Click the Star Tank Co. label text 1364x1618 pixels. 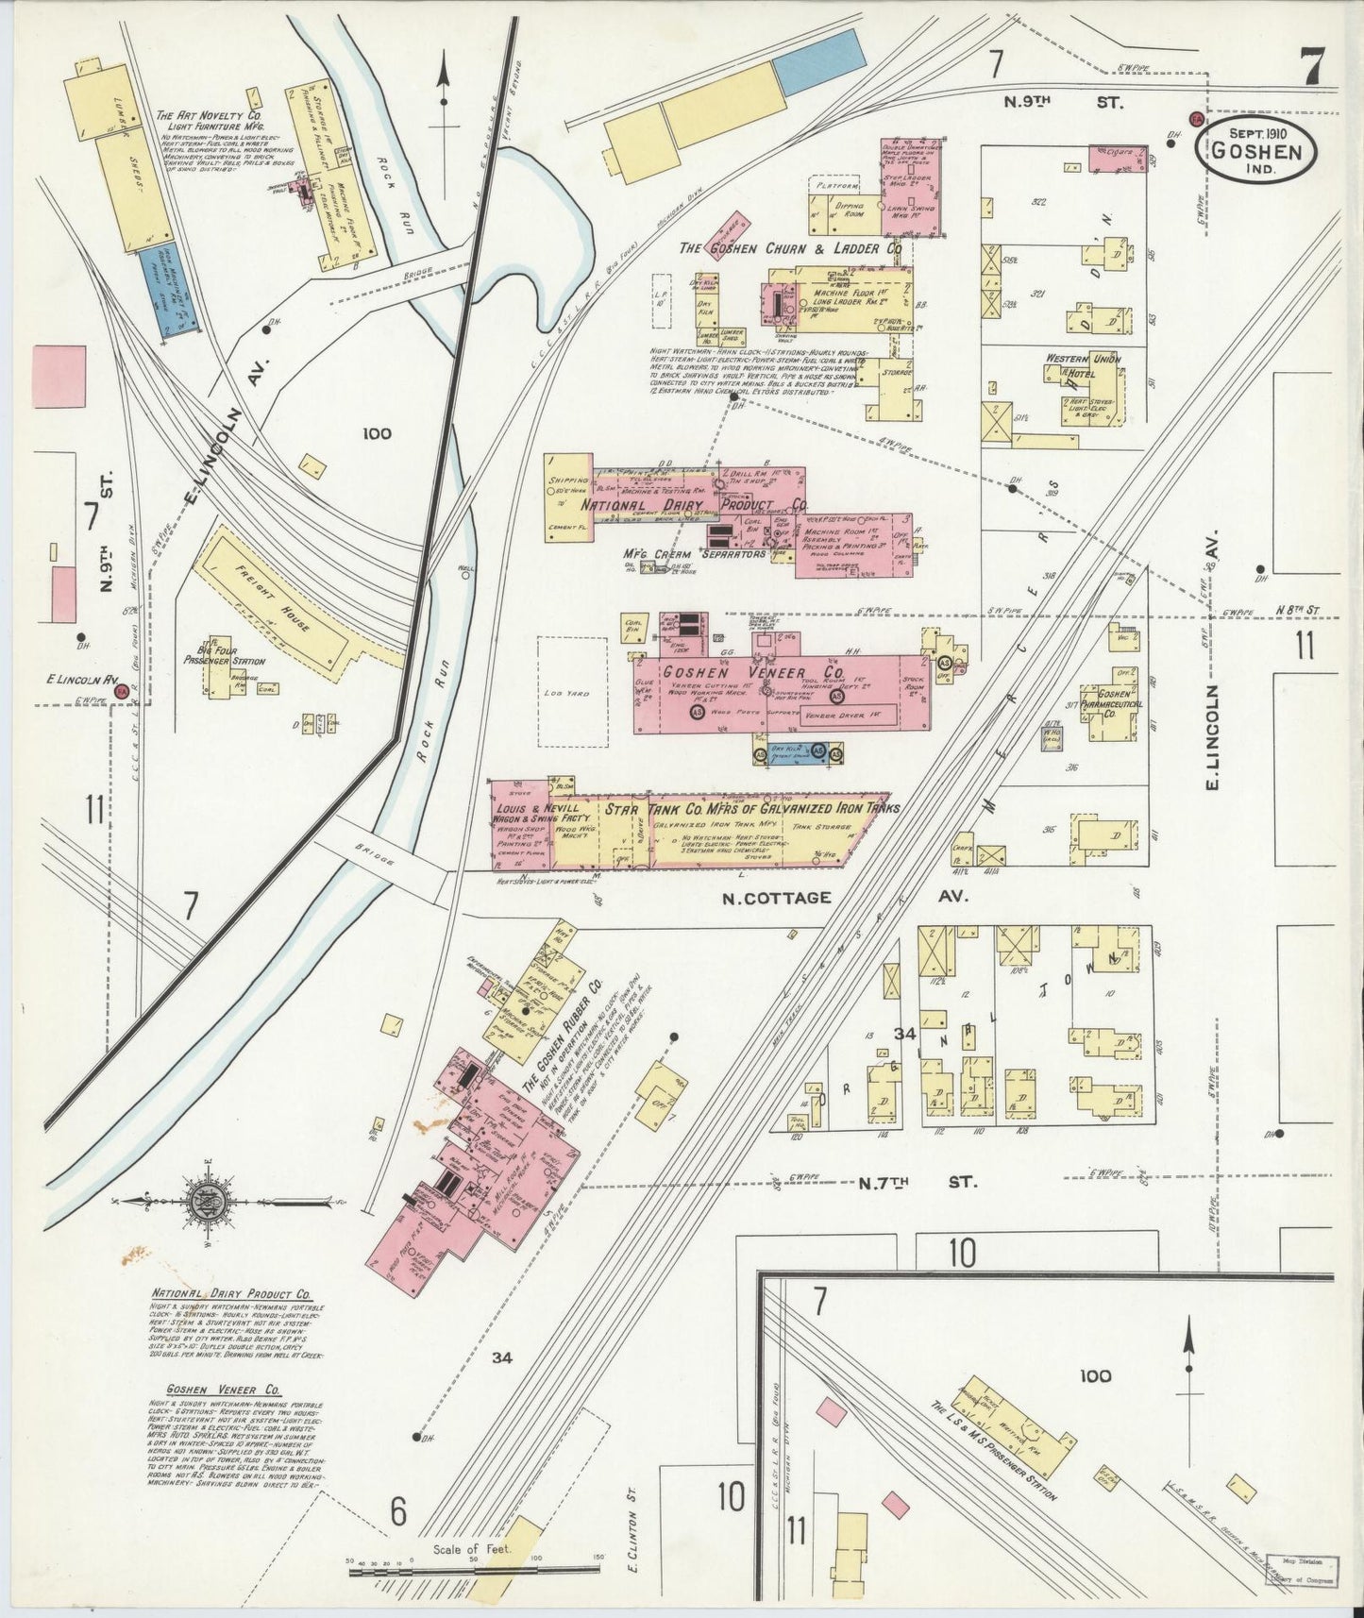pyautogui.click(x=750, y=808)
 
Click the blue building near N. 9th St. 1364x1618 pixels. pyautogui.click(x=818, y=61)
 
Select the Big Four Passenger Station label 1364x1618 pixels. pyautogui.click(x=225, y=655)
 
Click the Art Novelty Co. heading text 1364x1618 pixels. pyautogui.click(x=209, y=119)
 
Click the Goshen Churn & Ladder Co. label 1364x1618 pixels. pyautogui.click(x=791, y=248)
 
